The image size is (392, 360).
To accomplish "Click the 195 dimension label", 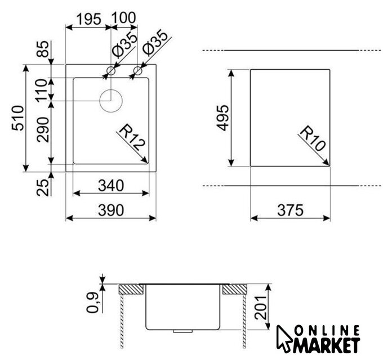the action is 88,19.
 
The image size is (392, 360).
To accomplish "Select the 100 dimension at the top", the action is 123,18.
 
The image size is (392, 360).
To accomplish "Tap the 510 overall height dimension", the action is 18,118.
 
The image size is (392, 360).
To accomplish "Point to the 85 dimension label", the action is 43,49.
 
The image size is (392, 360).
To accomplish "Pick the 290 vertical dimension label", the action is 43,130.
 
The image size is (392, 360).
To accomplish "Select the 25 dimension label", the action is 43,187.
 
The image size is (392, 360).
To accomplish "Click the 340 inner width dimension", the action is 111,186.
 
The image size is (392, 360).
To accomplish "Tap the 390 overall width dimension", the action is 111,210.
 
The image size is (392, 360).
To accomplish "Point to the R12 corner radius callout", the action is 132,139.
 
